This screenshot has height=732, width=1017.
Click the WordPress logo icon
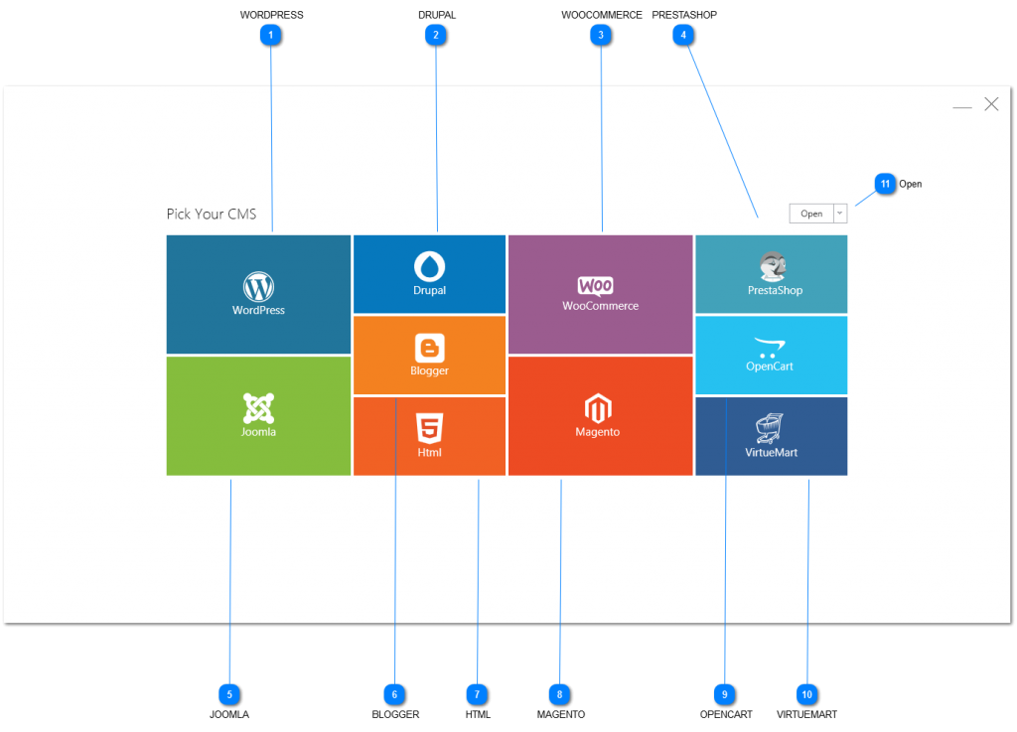258,287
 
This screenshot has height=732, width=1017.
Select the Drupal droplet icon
429,266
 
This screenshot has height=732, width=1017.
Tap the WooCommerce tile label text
600,306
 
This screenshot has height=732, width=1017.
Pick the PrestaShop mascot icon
774,267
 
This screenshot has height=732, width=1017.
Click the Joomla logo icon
258,407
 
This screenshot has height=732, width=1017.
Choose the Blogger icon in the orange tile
429,348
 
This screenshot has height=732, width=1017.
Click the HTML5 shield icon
429,429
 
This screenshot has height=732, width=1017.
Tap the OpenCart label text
770,366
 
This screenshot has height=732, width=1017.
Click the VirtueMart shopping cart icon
770,428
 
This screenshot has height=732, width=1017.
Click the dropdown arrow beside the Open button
840,214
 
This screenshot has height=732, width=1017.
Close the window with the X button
991,104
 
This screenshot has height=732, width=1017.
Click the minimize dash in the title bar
961,107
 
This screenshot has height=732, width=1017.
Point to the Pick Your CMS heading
212,214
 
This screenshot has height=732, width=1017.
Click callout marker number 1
270,35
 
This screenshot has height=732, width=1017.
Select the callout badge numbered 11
885,184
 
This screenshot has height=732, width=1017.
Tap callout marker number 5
229,694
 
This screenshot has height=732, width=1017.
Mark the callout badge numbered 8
560,694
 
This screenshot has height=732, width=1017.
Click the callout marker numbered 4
681,35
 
